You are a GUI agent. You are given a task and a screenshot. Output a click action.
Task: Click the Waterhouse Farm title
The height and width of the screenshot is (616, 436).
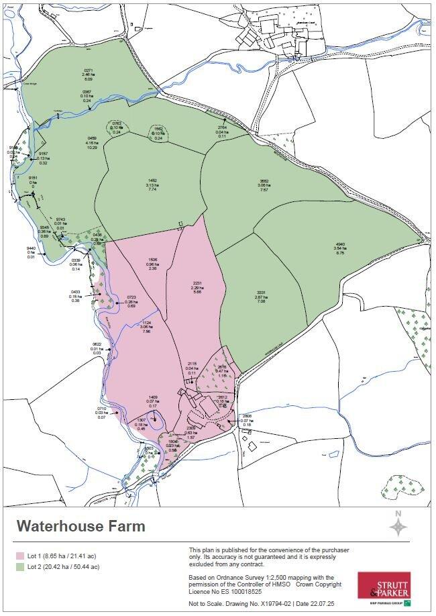pyautogui.click(x=80, y=526)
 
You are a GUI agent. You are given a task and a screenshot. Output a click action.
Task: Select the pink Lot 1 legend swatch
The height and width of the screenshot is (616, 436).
pyautogui.click(x=21, y=556)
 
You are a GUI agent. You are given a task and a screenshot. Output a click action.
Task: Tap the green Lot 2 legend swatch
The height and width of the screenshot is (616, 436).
pyautogui.click(x=21, y=567)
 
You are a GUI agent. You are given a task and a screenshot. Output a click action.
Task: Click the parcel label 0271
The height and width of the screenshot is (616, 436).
pyautogui.click(x=88, y=70)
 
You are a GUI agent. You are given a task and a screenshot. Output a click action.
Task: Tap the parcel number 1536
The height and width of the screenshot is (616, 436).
pyautogui.click(x=153, y=260)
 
